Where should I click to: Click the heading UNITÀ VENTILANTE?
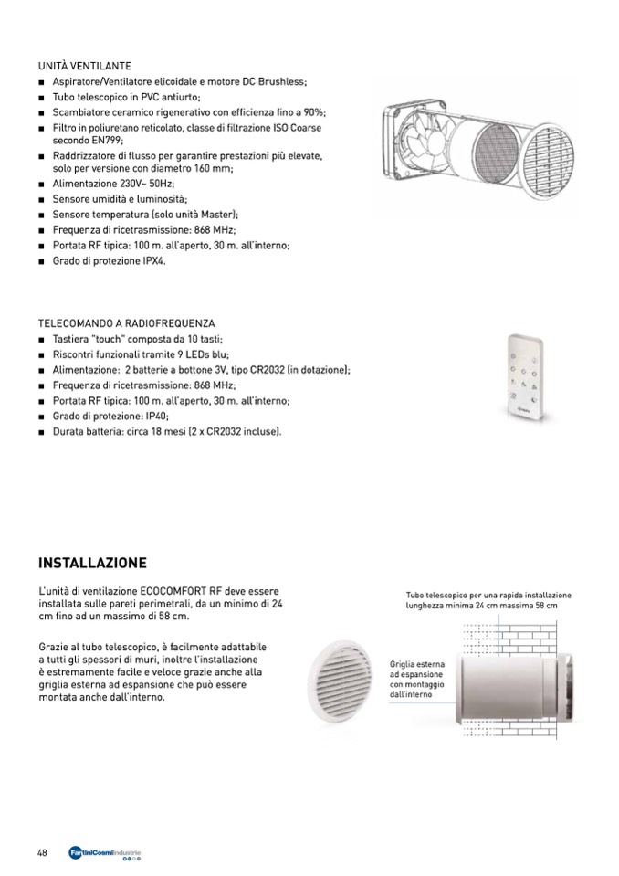coord(85,67)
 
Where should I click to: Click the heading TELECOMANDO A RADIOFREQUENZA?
coord(127,323)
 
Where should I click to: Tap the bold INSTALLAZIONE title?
coord(92,562)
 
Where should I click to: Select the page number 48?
coord(43,853)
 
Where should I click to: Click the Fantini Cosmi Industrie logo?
coord(105,854)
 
